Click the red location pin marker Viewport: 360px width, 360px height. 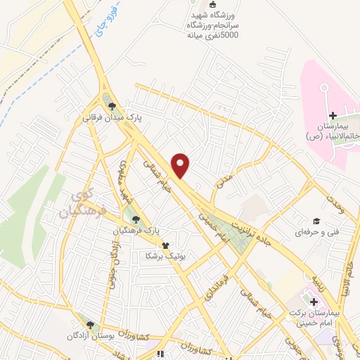pos(181,165)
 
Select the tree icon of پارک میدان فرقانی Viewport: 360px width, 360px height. pos(111,106)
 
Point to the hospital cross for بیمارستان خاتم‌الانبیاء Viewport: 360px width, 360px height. pos(332,115)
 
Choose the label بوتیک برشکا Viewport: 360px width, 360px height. pos(164,257)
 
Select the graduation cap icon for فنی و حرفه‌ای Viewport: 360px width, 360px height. pos(316,221)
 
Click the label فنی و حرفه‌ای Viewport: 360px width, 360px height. pos(316,231)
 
